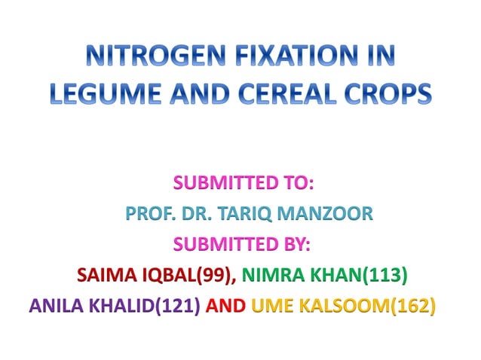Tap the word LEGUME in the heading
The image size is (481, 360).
(100, 94)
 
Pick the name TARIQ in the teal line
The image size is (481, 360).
(257, 214)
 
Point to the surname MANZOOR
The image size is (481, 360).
(332, 214)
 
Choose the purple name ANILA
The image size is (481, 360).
(56, 307)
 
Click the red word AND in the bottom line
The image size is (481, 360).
(225, 307)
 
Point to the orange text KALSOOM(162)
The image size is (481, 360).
(367, 307)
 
